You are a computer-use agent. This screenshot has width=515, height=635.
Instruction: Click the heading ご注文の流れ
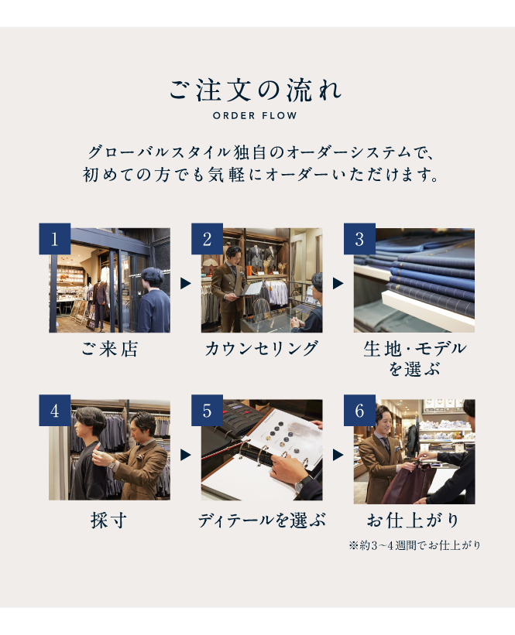click(x=256, y=90)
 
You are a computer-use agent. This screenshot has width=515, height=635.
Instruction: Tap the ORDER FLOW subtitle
click(x=255, y=116)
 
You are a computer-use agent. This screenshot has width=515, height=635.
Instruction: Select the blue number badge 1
click(x=55, y=239)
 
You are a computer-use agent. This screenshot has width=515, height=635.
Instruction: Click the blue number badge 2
click(x=208, y=239)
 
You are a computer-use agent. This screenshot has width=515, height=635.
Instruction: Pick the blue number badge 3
click(x=359, y=239)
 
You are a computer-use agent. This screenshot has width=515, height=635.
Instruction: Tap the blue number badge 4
click(x=55, y=410)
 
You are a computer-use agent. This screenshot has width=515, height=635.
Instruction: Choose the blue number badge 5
click(x=208, y=410)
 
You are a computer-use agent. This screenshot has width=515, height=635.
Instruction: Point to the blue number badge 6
click(x=359, y=410)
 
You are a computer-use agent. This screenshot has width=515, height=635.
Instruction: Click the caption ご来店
click(x=109, y=349)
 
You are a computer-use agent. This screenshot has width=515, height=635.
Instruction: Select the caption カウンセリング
click(x=262, y=349)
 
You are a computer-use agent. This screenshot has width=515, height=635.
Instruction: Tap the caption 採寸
click(x=108, y=521)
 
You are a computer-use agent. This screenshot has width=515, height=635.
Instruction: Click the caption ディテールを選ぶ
click(x=262, y=521)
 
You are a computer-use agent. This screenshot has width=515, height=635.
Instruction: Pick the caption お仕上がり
click(x=414, y=521)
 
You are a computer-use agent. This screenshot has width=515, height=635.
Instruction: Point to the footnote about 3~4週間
click(x=414, y=545)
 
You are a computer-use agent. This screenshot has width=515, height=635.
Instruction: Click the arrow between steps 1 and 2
click(x=185, y=284)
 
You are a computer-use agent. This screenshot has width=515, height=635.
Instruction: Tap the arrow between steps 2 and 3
click(x=338, y=284)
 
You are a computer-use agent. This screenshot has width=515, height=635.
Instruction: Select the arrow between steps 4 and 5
click(x=185, y=455)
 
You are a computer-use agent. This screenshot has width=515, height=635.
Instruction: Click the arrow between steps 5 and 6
click(x=338, y=455)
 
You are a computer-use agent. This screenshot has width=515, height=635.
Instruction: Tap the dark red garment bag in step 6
click(x=407, y=484)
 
